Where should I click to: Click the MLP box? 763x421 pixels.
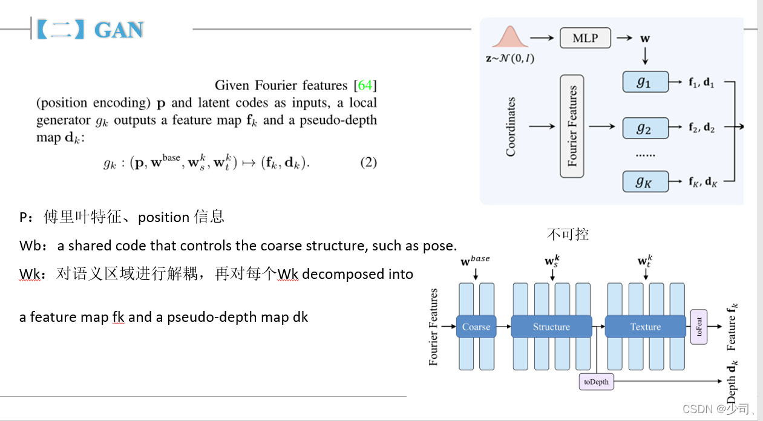(585, 38)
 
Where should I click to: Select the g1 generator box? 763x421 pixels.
(645, 82)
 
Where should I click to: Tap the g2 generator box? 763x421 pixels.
(645, 128)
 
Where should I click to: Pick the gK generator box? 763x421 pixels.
(645, 181)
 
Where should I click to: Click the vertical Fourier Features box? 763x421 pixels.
(572, 126)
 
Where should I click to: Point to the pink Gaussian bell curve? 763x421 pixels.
(509, 38)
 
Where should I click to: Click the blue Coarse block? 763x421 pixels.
(476, 327)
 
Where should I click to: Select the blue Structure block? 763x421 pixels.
(551, 327)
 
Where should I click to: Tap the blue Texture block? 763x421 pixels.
(645, 327)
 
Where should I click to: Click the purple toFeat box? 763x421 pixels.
(699, 327)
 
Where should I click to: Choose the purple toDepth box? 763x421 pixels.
(596, 382)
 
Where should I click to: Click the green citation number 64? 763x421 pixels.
(365, 85)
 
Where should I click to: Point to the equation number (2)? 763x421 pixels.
(368, 163)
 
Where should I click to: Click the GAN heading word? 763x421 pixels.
(119, 30)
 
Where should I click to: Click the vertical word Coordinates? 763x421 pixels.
(511, 126)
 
